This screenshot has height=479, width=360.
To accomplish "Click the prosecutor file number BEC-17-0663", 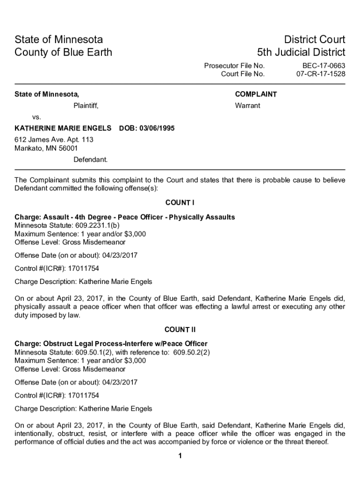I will point(321,66).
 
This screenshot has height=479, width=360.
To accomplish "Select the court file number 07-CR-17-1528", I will point(321,74).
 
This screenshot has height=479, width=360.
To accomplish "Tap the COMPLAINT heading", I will point(256,94).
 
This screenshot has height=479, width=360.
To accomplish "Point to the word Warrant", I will point(247,106).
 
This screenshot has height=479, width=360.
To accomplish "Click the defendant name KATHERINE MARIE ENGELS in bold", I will point(63,128).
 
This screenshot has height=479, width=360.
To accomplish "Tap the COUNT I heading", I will point(180,203).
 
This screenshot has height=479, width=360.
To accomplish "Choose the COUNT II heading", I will point(180,330).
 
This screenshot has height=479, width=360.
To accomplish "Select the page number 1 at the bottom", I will point(180,457).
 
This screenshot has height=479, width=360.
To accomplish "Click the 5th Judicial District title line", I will point(301,52).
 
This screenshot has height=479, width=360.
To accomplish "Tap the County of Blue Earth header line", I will point(64,52).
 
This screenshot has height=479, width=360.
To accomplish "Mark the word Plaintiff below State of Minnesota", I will point(86,106).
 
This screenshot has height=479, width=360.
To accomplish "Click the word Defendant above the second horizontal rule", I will point(90,160).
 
